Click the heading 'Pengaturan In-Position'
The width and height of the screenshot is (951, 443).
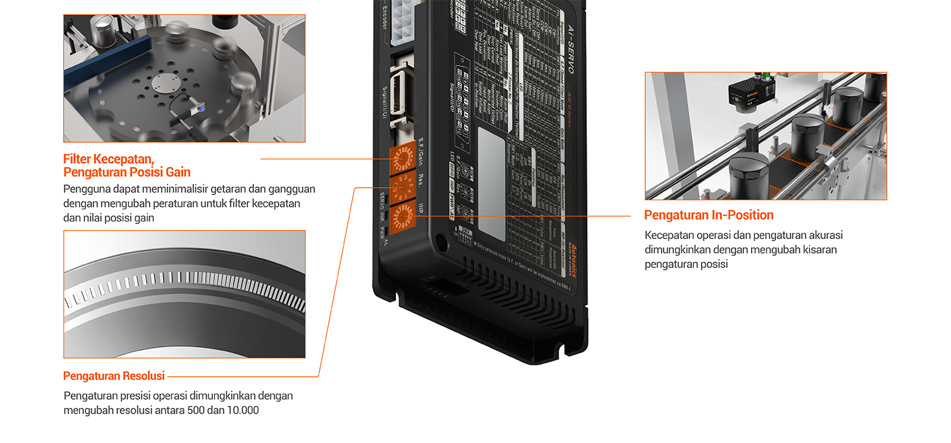(708, 215)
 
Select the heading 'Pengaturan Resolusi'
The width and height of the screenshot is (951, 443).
(114, 376)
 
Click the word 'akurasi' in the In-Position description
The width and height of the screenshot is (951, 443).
(826, 235)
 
